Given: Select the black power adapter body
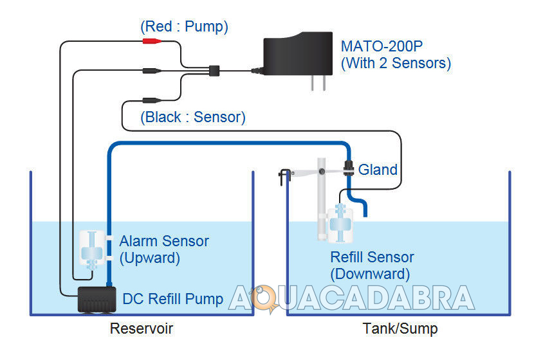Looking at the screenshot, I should (296, 55).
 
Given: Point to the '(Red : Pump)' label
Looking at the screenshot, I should (184, 27).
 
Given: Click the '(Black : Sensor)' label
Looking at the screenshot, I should (193, 118).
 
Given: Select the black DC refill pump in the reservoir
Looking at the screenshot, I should (96, 300).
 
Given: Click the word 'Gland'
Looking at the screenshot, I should (378, 170).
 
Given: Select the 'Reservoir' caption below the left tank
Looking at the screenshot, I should (142, 329).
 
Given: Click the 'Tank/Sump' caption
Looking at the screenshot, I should (400, 329).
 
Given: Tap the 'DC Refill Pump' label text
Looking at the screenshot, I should (172, 299).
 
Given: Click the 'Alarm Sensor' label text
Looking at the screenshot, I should (164, 242).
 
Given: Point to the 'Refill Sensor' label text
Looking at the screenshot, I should (372, 257).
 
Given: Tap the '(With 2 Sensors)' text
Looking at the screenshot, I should (396, 63).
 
